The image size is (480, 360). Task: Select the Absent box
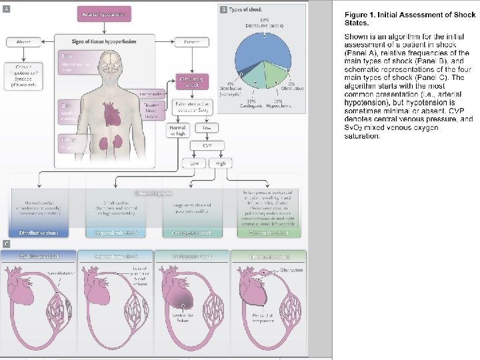point(23,43)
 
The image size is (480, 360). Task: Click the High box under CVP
point(220,163)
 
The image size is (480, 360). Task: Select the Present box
point(191,43)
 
